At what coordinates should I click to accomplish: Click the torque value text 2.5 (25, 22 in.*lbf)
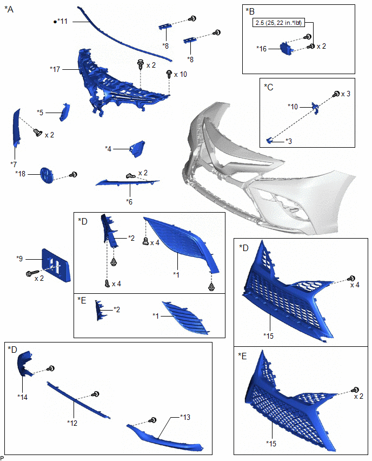(x=282, y=23)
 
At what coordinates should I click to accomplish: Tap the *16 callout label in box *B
(x=262, y=49)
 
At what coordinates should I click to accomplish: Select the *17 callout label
(x=55, y=69)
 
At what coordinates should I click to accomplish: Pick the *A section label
(x=9, y=10)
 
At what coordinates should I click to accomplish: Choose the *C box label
(x=269, y=87)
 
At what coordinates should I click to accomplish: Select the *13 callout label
(x=186, y=418)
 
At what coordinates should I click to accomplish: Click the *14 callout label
(x=23, y=397)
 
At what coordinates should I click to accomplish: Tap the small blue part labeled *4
(x=136, y=147)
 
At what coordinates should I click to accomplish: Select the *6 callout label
(x=129, y=201)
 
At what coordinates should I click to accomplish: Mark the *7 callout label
(x=14, y=163)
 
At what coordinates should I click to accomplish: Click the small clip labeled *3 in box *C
(x=269, y=140)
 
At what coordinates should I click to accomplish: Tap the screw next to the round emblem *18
(x=75, y=175)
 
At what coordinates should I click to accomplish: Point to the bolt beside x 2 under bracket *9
(x=30, y=274)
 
